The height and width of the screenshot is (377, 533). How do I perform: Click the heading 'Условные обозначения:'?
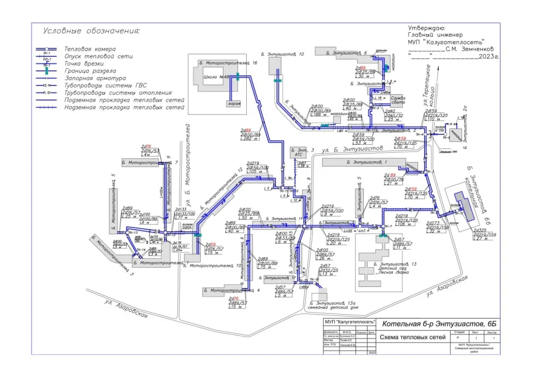tap(92, 31)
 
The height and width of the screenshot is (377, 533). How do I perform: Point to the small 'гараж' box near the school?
tap(234, 104)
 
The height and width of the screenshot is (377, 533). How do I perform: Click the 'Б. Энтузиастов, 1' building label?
tap(371, 163)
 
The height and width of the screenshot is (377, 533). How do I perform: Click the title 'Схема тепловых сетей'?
tap(413, 338)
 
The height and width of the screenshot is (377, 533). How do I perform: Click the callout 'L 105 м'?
tap(256, 171)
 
